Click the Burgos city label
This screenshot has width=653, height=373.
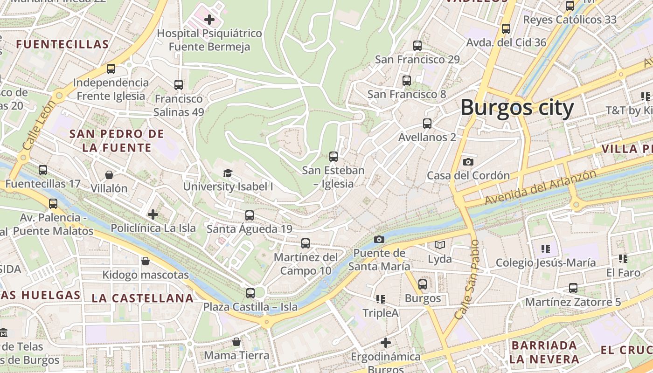click(517, 108)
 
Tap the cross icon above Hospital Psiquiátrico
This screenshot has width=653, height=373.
click(209, 20)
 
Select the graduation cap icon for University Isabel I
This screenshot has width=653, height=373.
click(228, 173)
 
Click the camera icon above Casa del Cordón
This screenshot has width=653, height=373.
click(468, 162)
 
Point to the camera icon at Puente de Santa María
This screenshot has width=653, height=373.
click(379, 239)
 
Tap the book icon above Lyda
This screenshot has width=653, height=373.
click(439, 245)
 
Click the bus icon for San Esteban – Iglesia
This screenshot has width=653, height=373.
click(333, 156)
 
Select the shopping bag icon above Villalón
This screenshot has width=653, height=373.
click(109, 175)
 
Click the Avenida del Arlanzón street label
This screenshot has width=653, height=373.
click(540, 187)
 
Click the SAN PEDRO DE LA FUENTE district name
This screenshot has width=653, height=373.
click(117, 141)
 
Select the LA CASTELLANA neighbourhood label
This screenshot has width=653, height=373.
click(142, 298)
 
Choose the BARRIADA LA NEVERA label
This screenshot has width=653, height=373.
click(544, 352)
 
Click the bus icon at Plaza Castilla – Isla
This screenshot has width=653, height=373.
click(250, 293)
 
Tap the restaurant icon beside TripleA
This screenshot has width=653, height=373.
click(380, 299)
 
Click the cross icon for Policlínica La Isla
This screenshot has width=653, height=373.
click(153, 214)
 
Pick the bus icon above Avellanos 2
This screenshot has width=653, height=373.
click(427, 124)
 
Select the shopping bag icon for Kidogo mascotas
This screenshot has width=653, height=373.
click(146, 261)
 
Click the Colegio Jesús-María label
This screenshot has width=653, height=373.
click(545, 262)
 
